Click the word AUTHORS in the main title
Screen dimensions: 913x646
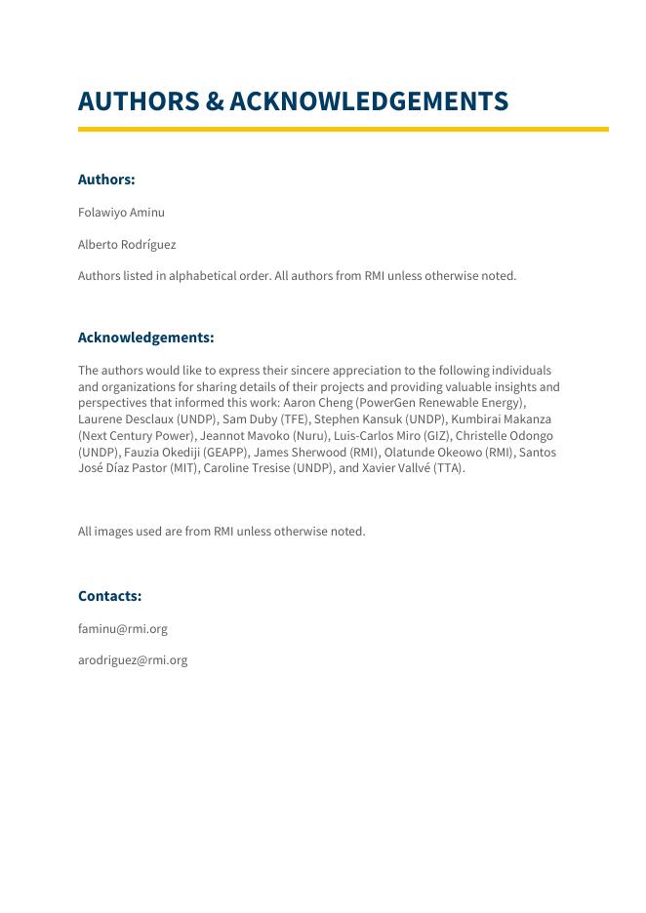pyautogui.click(x=139, y=101)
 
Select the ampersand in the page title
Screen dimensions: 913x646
pyautogui.click(x=214, y=101)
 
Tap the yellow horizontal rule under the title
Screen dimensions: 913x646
pyautogui.click(x=343, y=129)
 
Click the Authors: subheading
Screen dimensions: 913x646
pyautogui.click(x=106, y=179)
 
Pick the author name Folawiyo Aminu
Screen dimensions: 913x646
pyautogui.click(x=121, y=213)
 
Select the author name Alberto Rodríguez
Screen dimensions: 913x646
pyautogui.click(x=127, y=245)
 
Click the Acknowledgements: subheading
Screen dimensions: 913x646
pyautogui.click(x=145, y=337)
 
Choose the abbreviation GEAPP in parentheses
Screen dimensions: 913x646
pyautogui.click(x=225, y=453)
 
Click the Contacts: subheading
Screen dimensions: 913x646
pyautogui.click(x=109, y=596)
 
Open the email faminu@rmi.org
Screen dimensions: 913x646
pyautogui.click(x=123, y=629)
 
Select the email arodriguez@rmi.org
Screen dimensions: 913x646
pyautogui.click(x=133, y=660)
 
